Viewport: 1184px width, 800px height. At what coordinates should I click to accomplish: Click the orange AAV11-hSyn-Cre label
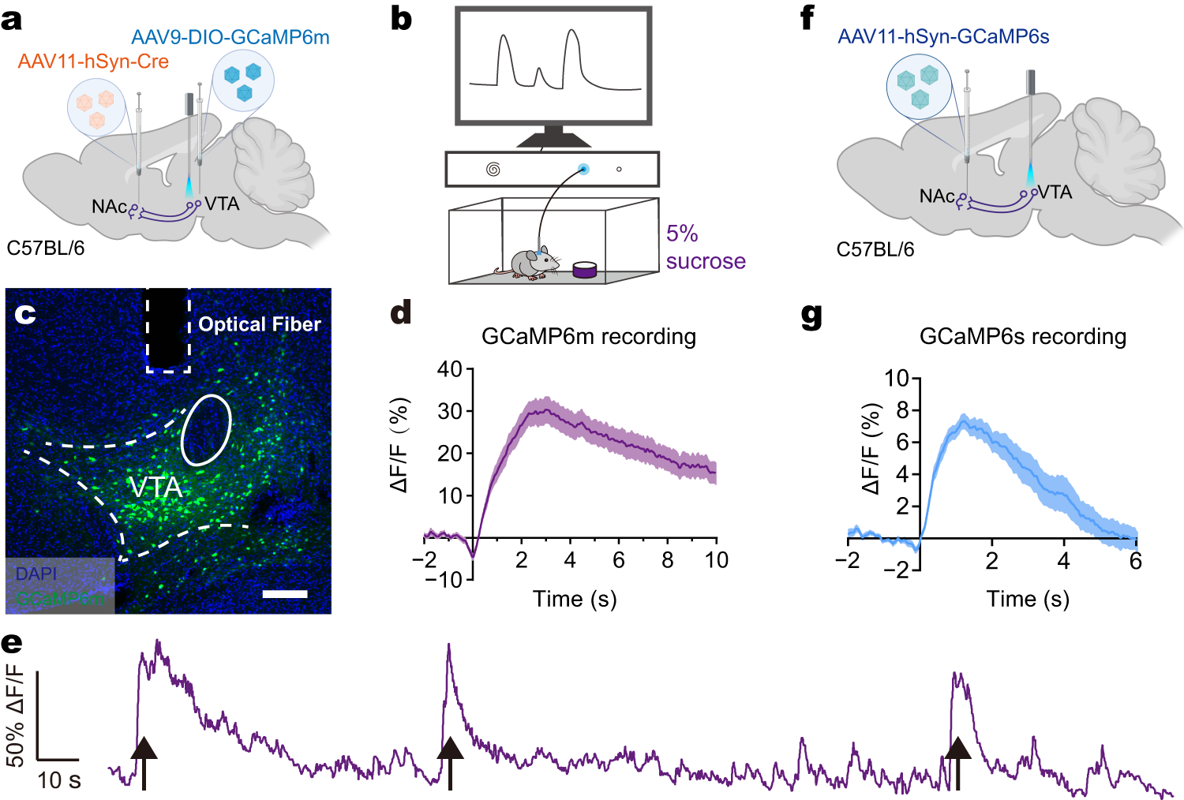coord(93,62)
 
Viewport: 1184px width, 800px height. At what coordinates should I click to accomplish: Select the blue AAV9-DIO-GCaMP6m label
coord(230,37)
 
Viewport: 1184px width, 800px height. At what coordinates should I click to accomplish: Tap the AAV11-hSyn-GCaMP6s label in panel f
coord(943,36)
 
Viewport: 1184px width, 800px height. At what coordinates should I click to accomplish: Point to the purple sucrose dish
coord(585,269)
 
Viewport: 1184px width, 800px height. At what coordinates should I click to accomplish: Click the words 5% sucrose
coord(704,247)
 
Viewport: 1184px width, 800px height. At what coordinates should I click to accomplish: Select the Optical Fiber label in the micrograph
coord(259,324)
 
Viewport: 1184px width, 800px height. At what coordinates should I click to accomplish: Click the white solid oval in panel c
coord(206,429)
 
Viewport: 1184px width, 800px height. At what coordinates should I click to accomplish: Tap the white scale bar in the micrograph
coord(284,593)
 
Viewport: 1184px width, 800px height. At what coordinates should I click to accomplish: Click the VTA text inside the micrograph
coord(155,488)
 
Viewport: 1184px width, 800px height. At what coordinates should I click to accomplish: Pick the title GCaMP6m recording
coord(588,337)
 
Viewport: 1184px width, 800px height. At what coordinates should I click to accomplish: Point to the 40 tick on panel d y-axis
coord(450,369)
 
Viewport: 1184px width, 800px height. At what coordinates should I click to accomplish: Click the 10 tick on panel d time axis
coord(716,560)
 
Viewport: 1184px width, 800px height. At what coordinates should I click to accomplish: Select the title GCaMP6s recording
coord(1022,337)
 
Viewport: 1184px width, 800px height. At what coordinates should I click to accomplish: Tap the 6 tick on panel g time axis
coord(1135,561)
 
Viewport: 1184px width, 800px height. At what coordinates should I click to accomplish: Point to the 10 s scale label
coord(58,780)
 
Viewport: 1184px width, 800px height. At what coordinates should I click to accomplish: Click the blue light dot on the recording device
coord(583,169)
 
